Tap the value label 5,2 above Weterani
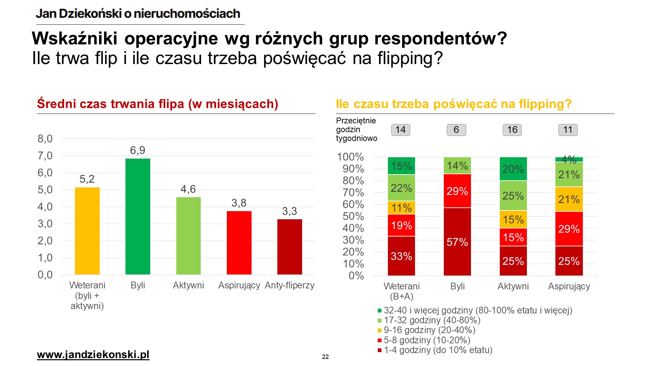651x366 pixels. click(87, 179)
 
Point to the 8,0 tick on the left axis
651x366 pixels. click(45, 139)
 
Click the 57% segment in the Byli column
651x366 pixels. click(457, 242)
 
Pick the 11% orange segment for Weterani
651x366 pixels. click(401, 208)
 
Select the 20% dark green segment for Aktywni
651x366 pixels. click(513, 169)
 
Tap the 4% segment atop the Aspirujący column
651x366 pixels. click(569, 159)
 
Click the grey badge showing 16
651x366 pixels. click(512, 130)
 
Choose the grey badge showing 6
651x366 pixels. click(456, 130)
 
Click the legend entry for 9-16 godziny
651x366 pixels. click(429, 330)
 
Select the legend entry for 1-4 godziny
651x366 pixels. click(438, 350)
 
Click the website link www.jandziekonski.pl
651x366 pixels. click(93, 354)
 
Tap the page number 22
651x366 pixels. click(325, 357)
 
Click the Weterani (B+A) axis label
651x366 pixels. click(401, 291)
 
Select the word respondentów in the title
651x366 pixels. click(440, 38)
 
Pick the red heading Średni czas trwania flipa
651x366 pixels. click(158, 104)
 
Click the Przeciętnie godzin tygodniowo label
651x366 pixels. click(356, 129)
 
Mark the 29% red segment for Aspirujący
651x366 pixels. click(569, 229)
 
